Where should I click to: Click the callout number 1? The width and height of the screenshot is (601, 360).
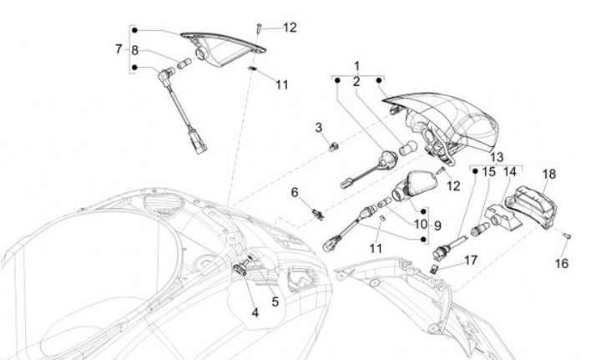(356, 65)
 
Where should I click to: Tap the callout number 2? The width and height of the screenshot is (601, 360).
(356, 82)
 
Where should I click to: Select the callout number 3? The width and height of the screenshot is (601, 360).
(318, 127)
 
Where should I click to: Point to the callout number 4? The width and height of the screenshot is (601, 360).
(255, 313)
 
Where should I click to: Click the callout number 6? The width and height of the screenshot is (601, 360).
(294, 193)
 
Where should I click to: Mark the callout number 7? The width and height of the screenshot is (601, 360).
(119, 49)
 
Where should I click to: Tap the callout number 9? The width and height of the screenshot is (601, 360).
(437, 225)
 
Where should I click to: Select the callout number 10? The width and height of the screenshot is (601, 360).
(420, 225)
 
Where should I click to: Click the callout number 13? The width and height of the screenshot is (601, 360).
(497, 157)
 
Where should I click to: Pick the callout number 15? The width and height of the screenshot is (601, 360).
(489, 171)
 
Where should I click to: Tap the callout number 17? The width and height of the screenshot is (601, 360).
(471, 261)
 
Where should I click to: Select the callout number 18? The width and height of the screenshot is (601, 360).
(548, 175)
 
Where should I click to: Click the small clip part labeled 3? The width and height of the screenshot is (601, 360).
(332, 148)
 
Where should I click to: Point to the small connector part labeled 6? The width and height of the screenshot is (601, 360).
(316, 215)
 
